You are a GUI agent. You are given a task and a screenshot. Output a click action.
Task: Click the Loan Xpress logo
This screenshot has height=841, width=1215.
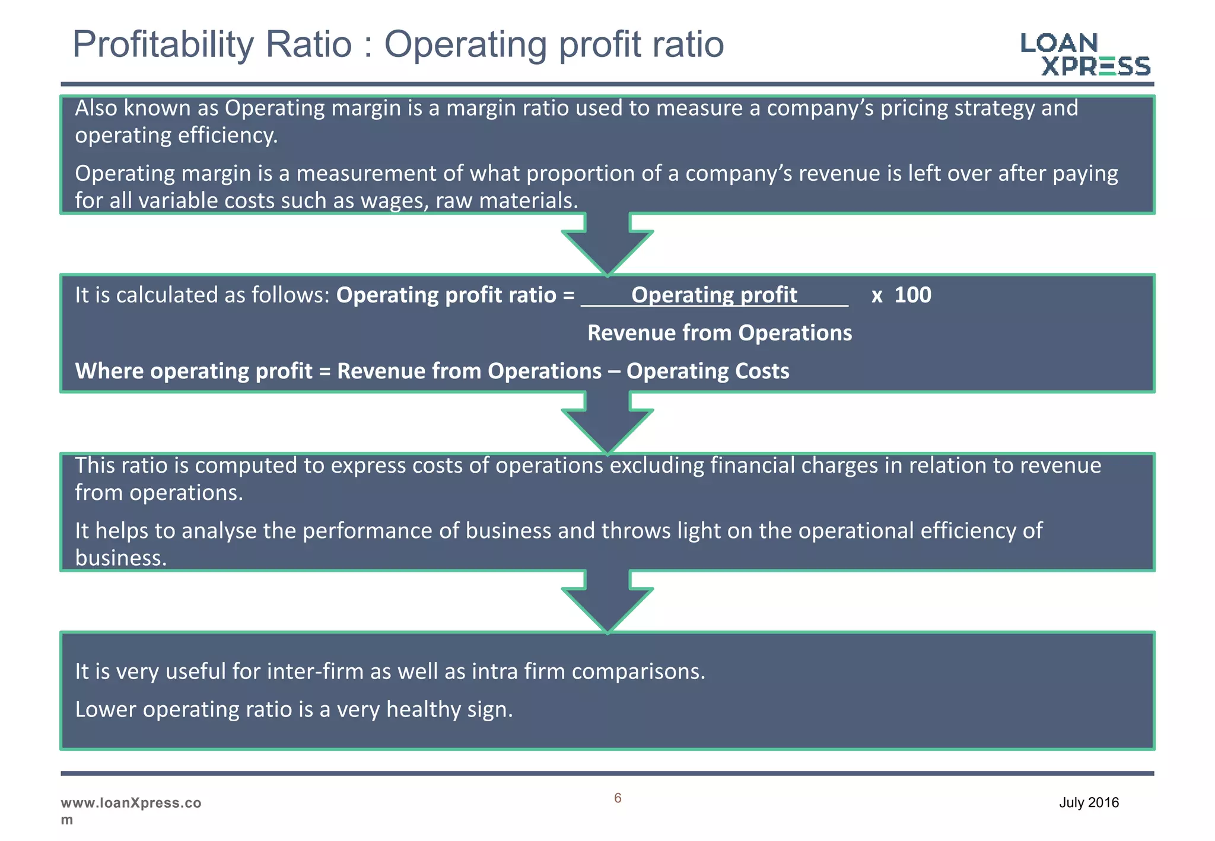pyautogui.click(x=1086, y=55)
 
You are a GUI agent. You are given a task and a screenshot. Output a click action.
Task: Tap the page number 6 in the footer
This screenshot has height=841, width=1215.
pyautogui.click(x=618, y=798)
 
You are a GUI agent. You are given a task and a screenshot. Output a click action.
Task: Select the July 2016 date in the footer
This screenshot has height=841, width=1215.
pyautogui.click(x=1089, y=802)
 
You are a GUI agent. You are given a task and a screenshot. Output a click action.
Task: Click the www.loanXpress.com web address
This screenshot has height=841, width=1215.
pyautogui.click(x=131, y=810)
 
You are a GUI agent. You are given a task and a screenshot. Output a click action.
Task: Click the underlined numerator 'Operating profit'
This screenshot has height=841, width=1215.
pyautogui.click(x=714, y=295)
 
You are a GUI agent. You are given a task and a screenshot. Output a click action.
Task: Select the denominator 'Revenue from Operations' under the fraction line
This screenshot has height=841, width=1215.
pyautogui.click(x=719, y=333)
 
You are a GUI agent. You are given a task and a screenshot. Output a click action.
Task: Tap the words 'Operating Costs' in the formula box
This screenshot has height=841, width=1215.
pyautogui.click(x=708, y=371)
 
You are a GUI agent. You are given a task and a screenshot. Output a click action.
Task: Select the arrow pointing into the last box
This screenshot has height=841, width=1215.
pyautogui.click(x=607, y=601)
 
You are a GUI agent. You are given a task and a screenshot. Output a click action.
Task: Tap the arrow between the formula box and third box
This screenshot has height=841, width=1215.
pyautogui.click(x=607, y=423)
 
